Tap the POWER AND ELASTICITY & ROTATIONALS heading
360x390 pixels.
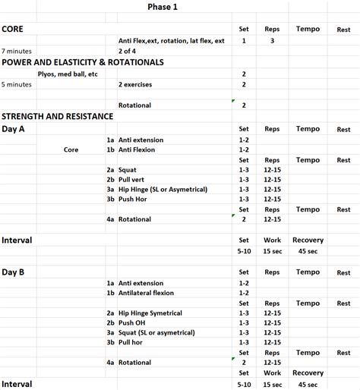[83, 62]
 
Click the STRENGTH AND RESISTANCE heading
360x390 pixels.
[58, 116]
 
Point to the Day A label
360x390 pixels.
[14, 129]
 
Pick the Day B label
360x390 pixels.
[14, 272]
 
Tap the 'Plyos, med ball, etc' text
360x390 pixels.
[67, 74]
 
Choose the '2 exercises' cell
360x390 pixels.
[140, 84]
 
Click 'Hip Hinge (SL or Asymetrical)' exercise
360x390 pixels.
[163, 190]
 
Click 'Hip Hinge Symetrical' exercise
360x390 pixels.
[151, 313]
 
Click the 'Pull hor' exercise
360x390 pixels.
[132, 342]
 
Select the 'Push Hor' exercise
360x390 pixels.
[134, 200]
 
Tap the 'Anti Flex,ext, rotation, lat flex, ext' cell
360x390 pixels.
[171, 40]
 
